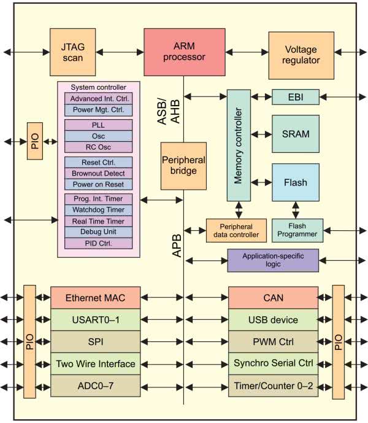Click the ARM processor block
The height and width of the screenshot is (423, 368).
tap(183, 52)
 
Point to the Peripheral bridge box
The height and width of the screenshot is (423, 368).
tap(183, 166)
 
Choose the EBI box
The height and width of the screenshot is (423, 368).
tap(296, 96)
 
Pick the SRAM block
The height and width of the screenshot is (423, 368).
tap(296, 134)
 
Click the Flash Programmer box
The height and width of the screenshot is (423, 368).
tap(297, 230)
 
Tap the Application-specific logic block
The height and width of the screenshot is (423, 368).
tap(273, 260)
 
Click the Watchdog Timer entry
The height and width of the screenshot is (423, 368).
tap(98, 210)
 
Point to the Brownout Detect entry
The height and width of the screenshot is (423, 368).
tap(98, 173)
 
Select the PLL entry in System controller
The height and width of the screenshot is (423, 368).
tap(98, 125)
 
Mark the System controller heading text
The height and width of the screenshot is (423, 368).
tap(98, 87)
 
